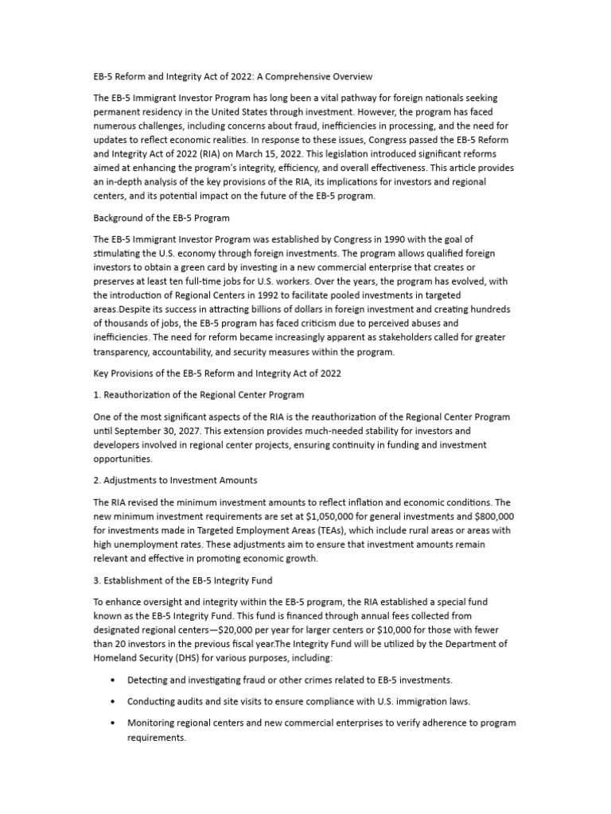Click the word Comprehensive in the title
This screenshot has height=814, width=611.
coord(305,77)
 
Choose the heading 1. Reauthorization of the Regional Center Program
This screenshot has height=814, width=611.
coord(198,394)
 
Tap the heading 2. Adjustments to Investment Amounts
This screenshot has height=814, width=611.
coord(175,481)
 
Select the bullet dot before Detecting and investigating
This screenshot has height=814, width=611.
coord(113,680)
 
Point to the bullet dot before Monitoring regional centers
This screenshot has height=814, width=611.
coord(113,723)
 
